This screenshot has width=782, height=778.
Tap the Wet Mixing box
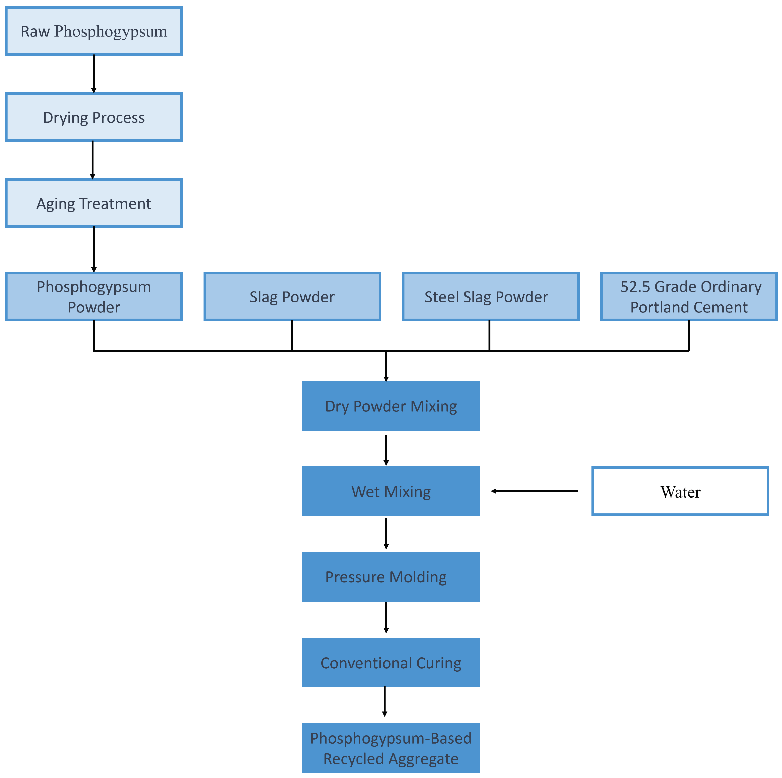click(x=391, y=491)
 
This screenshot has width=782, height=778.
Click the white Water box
click(x=680, y=491)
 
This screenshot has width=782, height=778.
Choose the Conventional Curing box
click(x=391, y=663)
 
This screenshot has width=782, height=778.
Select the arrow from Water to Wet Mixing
click(x=534, y=491)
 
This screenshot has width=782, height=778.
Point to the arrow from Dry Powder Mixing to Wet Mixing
click(x=386, y=450)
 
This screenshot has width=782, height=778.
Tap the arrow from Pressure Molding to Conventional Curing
click(x=386, y=617)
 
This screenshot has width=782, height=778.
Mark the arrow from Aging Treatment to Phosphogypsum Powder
click(x=94, y=249)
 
